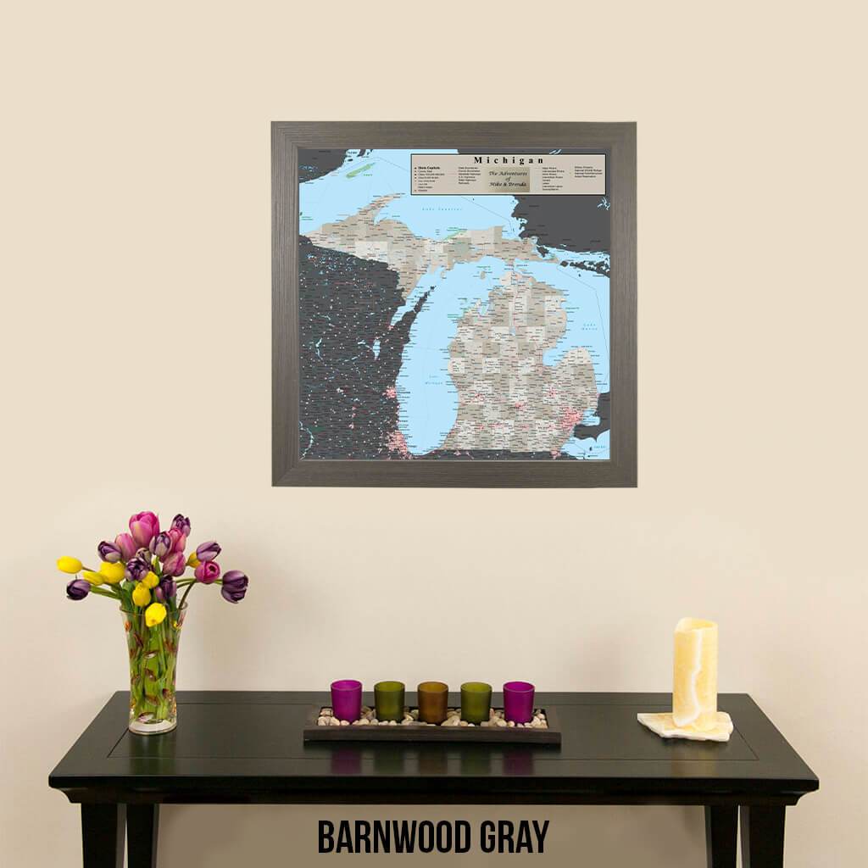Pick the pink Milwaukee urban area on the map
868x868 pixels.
pos(391,392)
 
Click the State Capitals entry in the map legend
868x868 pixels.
pos(427,168)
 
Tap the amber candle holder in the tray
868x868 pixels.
pos(432,701)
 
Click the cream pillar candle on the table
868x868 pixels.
pos(695,672)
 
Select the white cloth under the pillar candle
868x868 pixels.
pos(685,726)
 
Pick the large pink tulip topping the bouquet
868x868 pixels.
pos(143,527)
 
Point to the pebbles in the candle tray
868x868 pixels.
pos(432,721)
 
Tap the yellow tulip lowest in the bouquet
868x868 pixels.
pos(155,615)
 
